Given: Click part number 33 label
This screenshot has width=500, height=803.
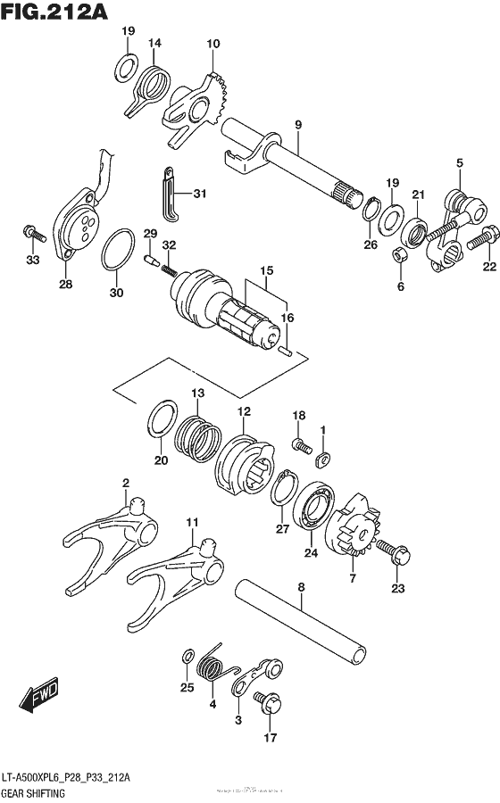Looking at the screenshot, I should point(33,261).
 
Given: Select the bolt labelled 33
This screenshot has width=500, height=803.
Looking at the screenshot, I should point(33,235).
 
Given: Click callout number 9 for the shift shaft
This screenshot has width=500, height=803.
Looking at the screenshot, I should point(298,124).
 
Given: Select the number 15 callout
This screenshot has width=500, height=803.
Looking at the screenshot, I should point(265,270).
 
